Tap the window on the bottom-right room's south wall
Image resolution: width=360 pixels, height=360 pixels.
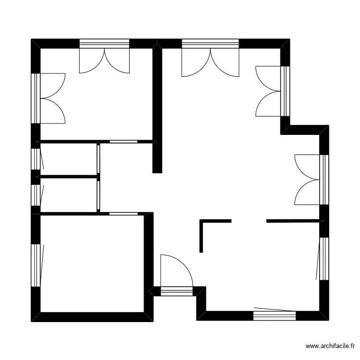275,315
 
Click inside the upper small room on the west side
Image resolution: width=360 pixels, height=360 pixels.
70,159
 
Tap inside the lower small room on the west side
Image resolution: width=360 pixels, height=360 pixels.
70,194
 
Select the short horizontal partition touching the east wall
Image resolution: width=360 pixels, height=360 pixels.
293,221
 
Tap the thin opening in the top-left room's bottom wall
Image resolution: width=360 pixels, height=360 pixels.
123,142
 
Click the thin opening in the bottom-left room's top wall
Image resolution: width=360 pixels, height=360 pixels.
123,213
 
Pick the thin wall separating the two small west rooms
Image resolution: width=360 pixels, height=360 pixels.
70,177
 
